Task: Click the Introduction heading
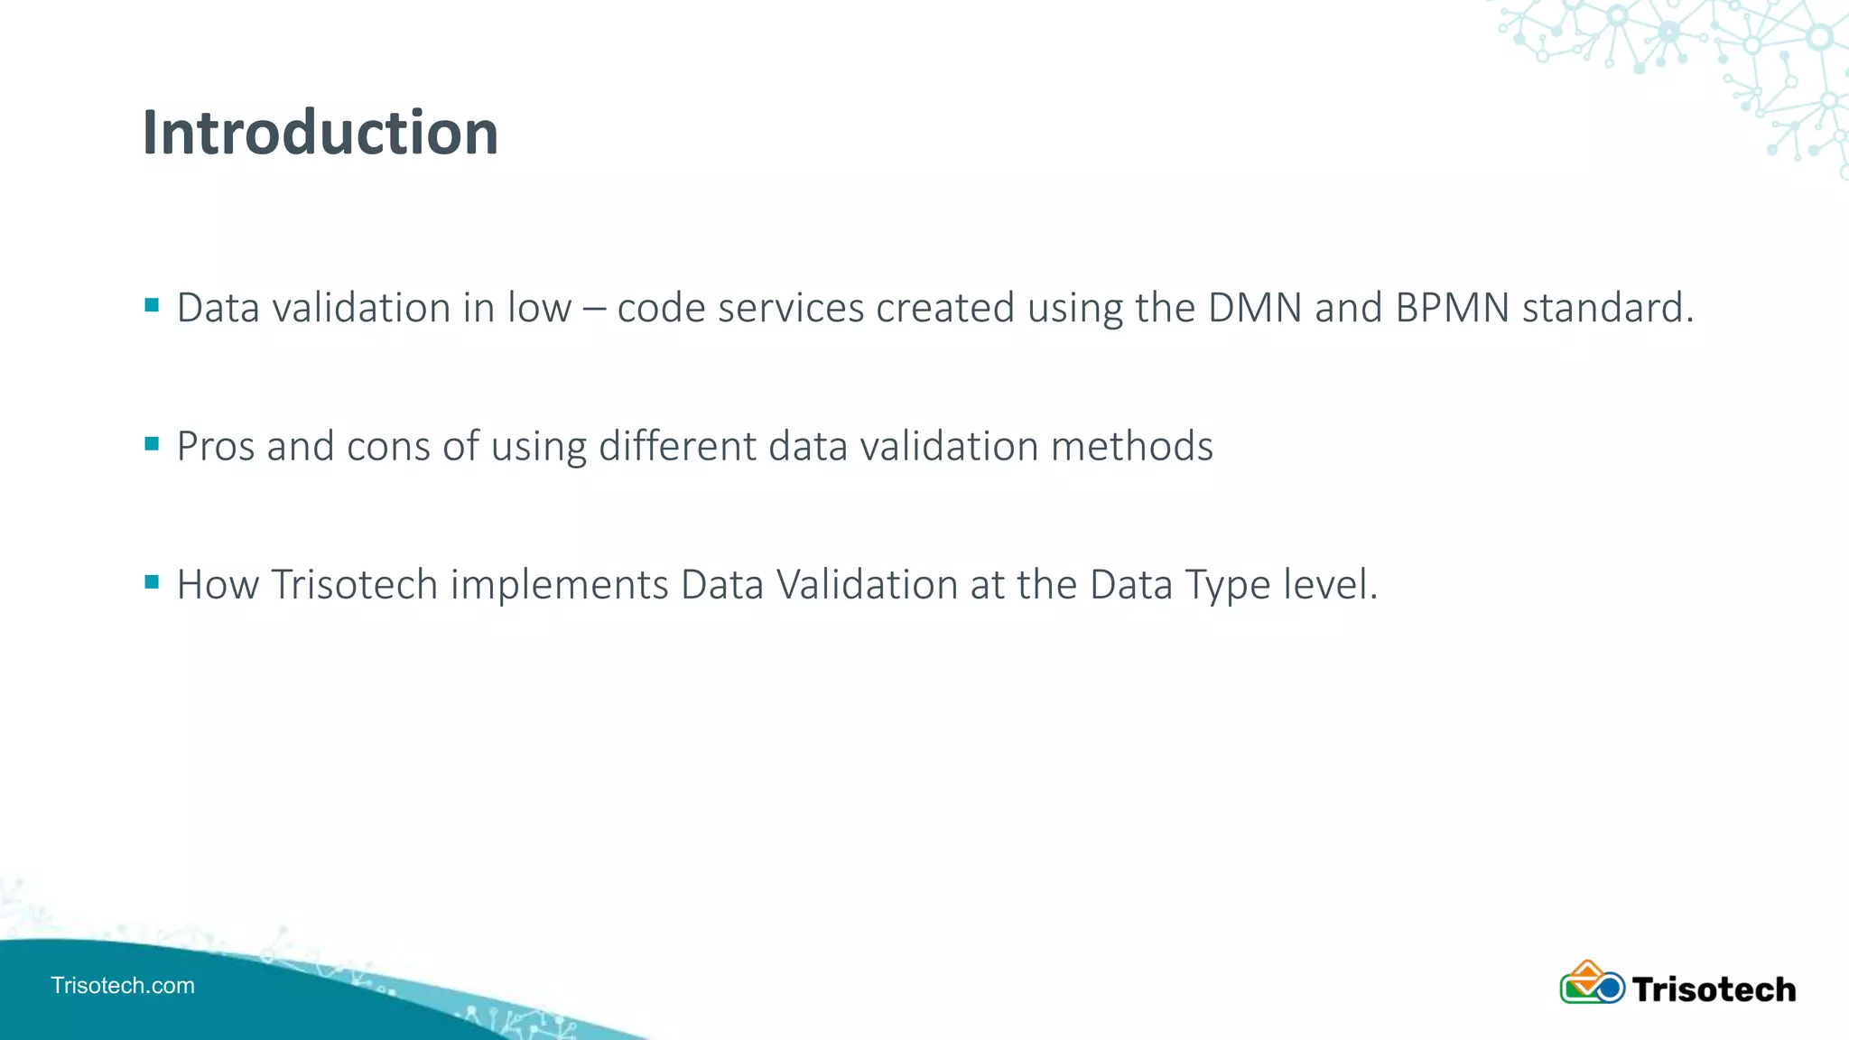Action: pos(321,133)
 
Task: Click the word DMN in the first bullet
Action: pos(1255,308)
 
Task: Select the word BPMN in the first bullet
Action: pos(1453,308)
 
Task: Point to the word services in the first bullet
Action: pos(791,308)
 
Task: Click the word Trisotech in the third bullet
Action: pos(355,585)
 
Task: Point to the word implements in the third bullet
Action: pos(560,585)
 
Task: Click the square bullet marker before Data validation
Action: pos(152,305)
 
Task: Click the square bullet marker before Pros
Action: pos(152,443)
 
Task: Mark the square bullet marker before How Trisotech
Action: pos(152,582)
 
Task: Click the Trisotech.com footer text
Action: pos(123,985)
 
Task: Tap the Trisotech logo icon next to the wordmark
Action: pos(1592,983)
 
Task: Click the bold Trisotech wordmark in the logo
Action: pos(1714,989)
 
